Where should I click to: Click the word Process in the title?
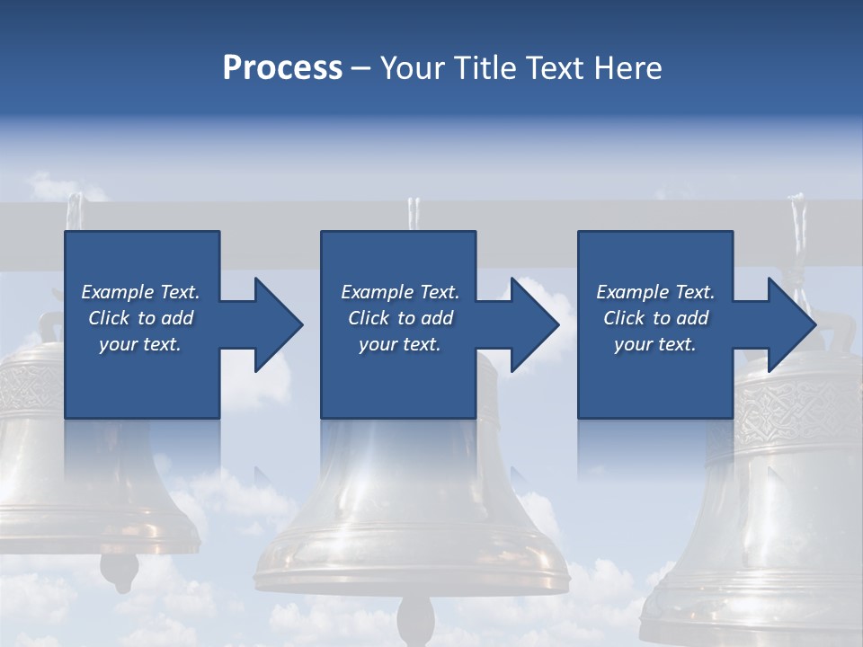282,68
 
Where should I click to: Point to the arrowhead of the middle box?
534,324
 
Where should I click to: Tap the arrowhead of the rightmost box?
791,324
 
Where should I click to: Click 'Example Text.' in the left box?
140,292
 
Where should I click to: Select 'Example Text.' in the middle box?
399,292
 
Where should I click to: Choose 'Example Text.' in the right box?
655,292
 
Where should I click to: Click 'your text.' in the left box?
140,344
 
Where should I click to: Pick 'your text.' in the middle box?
399,344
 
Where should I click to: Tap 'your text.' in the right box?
655,344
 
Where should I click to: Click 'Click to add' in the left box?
140,318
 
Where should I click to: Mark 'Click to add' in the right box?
655,318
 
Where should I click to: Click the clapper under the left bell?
120,569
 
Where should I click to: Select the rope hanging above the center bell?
414,214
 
